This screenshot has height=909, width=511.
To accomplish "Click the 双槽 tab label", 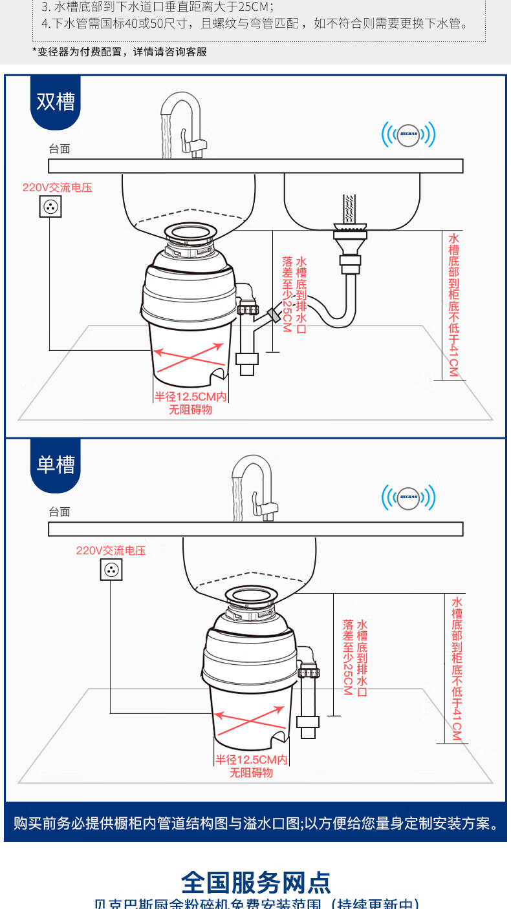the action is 56,102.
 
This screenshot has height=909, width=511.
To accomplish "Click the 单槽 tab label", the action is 56,465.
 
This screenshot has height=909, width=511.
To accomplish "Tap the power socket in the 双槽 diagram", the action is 50,207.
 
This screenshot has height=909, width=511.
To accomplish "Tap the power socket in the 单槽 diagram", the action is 111,570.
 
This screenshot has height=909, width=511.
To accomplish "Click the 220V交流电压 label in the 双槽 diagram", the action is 57,188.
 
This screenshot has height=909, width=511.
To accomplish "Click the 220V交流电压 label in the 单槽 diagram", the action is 111,551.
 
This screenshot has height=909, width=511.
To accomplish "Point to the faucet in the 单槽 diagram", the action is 254,489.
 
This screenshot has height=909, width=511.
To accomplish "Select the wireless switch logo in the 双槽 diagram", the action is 408,134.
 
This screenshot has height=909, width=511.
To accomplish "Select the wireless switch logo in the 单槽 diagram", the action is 408,497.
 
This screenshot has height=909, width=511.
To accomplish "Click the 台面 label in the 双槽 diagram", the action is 60,149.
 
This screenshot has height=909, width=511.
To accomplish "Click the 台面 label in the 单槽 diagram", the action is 60,512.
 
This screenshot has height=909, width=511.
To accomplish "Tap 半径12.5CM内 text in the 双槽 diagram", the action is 190,397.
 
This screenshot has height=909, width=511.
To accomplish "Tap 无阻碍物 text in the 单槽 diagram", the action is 252,773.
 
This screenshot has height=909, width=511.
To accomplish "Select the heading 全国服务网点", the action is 255,882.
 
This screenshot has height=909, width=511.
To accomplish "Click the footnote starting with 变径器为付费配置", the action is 120,52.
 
